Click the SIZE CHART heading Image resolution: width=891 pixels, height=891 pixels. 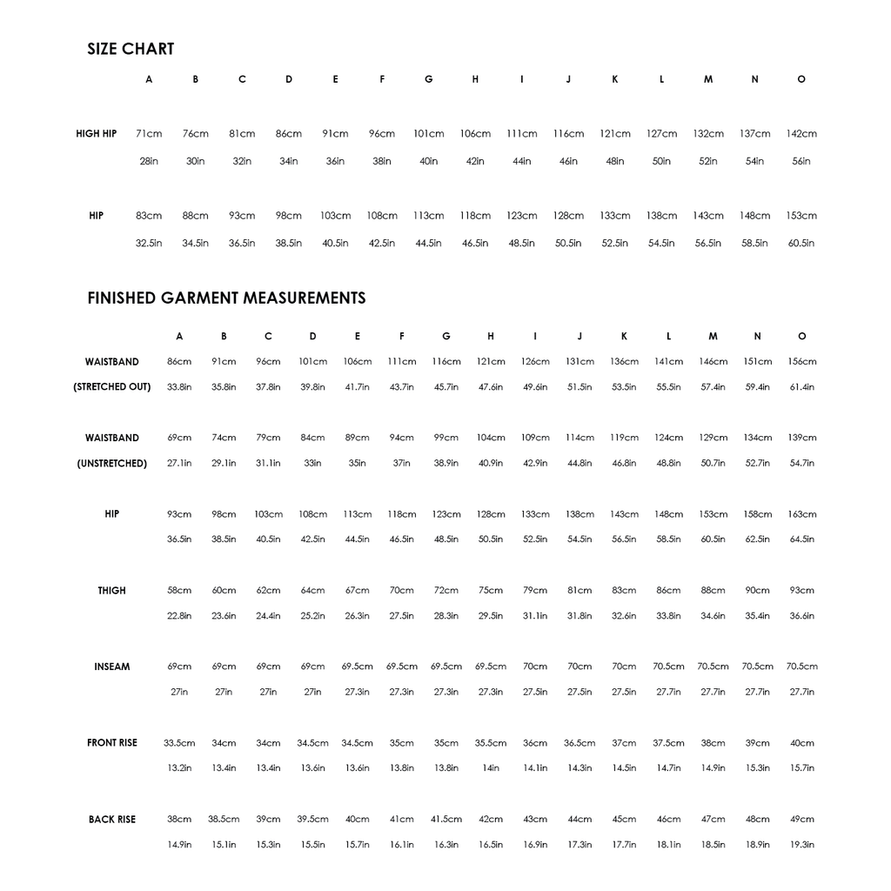coord(131,50)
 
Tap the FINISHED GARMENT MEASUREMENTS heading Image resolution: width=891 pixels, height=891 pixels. coord(226,298)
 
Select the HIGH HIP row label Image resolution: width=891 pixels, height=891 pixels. coord(96,134)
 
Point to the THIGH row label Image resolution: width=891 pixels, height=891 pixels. coord(111,591)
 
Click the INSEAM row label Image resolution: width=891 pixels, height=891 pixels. coord(111,667)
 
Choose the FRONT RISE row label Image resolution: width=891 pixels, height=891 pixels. coord(111,743)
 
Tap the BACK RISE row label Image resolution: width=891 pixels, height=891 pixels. coord(111,820)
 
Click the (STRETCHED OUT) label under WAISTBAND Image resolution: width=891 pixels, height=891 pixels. coord(111,386)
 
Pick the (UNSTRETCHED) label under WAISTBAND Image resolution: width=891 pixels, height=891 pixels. coord(111,463)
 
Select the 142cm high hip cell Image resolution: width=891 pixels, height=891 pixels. coord(801,134)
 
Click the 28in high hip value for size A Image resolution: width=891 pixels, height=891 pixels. coord(149,161)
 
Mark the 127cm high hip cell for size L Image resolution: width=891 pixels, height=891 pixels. coord(661,134)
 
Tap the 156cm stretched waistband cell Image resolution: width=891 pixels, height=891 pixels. coord(801,361)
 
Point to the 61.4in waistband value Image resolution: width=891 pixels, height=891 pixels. coord(801,386)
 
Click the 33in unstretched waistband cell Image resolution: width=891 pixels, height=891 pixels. coord(312,463)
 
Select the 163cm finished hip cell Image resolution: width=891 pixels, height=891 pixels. coord(801,514)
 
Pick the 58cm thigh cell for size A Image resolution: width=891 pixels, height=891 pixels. coord(179,591)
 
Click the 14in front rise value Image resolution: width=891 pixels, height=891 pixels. coord(491,768)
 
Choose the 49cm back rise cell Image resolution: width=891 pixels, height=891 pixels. coord(801,820)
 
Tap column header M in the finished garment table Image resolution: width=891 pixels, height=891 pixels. coord(713,337)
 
